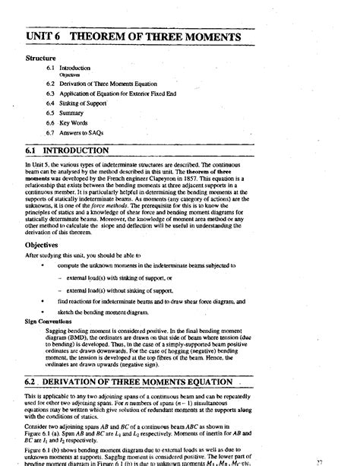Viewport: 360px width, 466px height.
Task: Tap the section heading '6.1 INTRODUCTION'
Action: click(x=74, y=151)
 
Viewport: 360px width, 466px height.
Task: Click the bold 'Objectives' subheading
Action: click(x=43, y=225)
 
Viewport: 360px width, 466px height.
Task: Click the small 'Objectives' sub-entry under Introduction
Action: click(x=69, y=74)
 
